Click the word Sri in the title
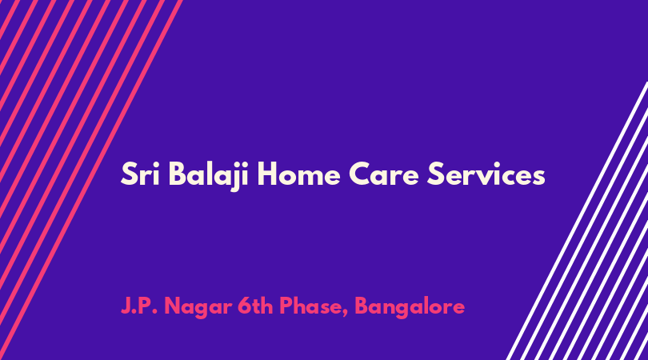click(140, 174)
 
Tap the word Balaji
click(209, 176)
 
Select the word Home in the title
click(298, 174)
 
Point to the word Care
click(384, 174)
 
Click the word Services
click(486, 174)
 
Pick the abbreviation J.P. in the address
click(139, 306)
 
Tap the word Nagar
click(198, 308)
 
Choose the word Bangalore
click(410, 308)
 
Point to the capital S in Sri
click(129, 174)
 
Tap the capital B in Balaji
click(178, 174)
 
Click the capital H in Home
click(268, 174)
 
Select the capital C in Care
click(360, 174)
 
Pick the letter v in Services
click(488, 178)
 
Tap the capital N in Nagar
click(173, 306)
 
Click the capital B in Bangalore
click(362, 306)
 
